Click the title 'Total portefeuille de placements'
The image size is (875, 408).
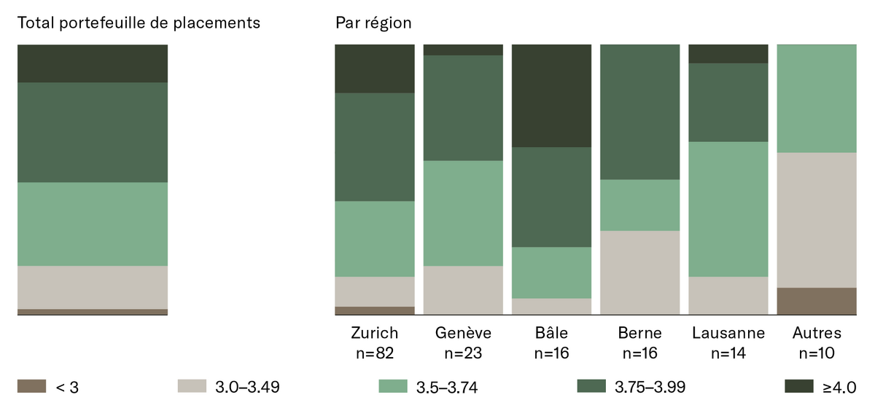click(139, 23)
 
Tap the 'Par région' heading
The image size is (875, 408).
click(373, 23)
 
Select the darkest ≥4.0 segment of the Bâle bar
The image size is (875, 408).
click(551, 95)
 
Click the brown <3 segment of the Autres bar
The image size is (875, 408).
click(817, 301)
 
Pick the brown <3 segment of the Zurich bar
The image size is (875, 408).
click(375, 310)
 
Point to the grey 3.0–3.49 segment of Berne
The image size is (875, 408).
click(640, 272)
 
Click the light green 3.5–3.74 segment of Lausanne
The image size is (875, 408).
click(728, 209)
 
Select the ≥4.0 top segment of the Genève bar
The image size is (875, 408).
click(463, 50)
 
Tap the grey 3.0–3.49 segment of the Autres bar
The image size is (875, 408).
click(817, 220)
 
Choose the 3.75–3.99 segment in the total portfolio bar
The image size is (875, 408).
click(93, 133)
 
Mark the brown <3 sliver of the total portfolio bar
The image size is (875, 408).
click(93, 312)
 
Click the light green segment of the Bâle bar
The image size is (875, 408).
click(551, 273)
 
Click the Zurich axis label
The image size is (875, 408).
click(375, 333)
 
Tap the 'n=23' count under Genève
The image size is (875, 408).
click(463, 353)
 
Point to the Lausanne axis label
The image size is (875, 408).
click(728, 333)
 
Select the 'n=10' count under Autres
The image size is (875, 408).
click(817, 353)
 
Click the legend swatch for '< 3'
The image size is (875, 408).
click(31, 386)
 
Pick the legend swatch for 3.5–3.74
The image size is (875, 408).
click(393, 386)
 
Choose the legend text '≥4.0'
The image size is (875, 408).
click(839, 388)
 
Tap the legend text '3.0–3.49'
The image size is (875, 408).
click(247, 388)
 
